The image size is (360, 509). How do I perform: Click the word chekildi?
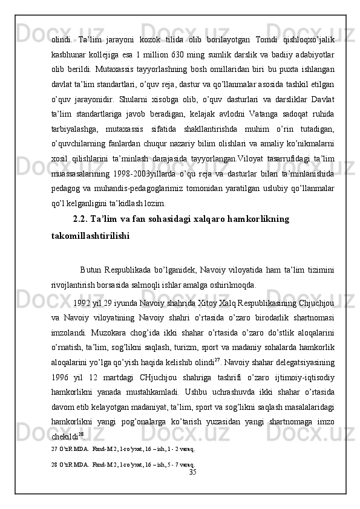pos(63,458)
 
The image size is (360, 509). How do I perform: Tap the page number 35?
pos(193,488)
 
